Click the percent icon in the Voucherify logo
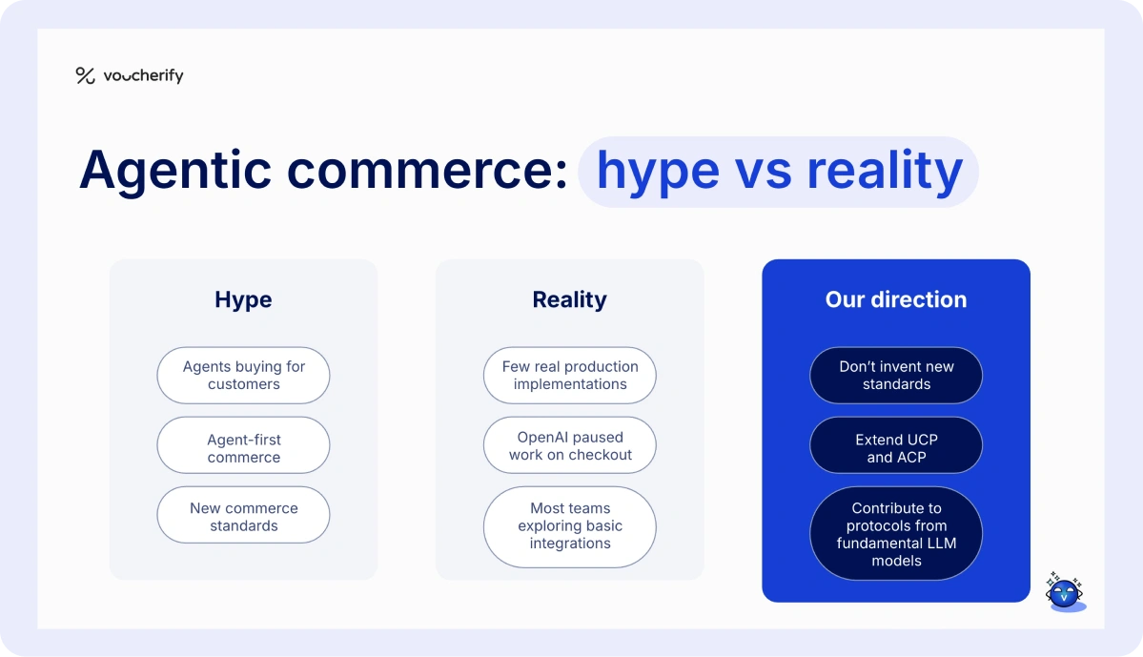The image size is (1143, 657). pyautogui.click(x=85, y=76)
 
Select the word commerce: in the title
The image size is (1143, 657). pyautogui.click(x=428, y=172)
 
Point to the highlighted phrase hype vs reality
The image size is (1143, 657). pyautogui.click(x=778, y=172)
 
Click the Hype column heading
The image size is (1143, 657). pyautogui.click(x=243, y=299)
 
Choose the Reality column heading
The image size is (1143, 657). pyautogui.click(x=569, y=299)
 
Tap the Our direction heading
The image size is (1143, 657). pyautogui.click(x=895, y=299)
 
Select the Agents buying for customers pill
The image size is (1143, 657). pyautogui.click(x=243, y=376)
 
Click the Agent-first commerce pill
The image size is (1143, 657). pyautogui.click(x=243, y=445)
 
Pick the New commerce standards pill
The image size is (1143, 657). pyautogui.click(x=243, y=515)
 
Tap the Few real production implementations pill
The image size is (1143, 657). pyautogui.click(x=569, y=376)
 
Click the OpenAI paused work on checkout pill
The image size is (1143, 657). pyautogui.click(x=569, y=445)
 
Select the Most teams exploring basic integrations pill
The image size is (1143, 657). pyautogui.click(x=569, y=526)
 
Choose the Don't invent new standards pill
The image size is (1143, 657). pyautogui.click(x=895, y=376)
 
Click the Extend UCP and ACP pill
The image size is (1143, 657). pyautogui.click(x=895, y=445)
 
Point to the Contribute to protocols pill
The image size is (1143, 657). pyautogui.click(x=895, y=534)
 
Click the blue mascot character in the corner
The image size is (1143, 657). pyautogui.click(x=1064, y=593)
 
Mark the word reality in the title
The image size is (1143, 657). pyautogui.click(x=885, y=172)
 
